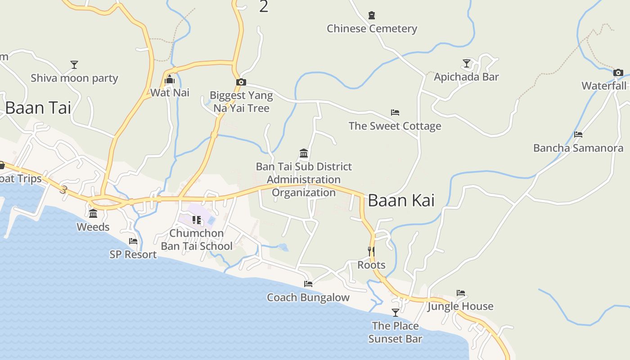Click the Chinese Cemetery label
point(372,29)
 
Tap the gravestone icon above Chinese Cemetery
point(372,16)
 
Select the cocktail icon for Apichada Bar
point(467,63)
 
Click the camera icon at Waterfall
point(618,72)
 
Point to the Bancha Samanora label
point(578,148)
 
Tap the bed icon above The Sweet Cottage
point(395,112)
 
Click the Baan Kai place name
point(401,201)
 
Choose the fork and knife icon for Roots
point(371,251)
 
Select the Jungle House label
point(460,306)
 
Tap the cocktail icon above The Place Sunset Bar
point(395,312)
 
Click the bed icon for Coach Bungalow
point(308,284)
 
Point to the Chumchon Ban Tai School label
point(197,239)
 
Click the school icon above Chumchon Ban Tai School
point(197,220)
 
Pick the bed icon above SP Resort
point(133,241)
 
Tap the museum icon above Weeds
point(93,213)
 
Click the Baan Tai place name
point(38,108)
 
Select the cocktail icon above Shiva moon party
point(74,65)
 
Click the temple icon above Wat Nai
point(170,80)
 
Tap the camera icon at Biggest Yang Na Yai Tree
point(241,82)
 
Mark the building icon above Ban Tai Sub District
point(304,153)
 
